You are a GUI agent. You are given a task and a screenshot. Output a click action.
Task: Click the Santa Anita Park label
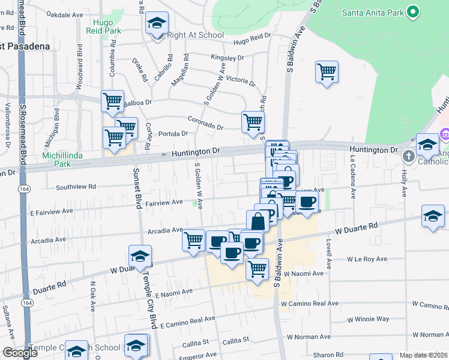[x=372, y=13]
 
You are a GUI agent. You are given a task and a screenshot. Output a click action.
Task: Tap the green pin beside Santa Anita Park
[x=412, y=11]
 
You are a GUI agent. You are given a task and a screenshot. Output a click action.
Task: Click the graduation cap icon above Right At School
[x=157, y=23]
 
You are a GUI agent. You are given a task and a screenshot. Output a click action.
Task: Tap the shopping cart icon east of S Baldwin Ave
[x=327, y=72]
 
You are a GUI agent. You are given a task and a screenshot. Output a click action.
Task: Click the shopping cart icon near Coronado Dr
[x=253, y=122]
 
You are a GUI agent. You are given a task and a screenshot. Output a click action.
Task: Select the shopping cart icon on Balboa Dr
[x=112, y=101]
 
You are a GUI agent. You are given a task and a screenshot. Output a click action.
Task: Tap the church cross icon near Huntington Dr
[x=409, y=157]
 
